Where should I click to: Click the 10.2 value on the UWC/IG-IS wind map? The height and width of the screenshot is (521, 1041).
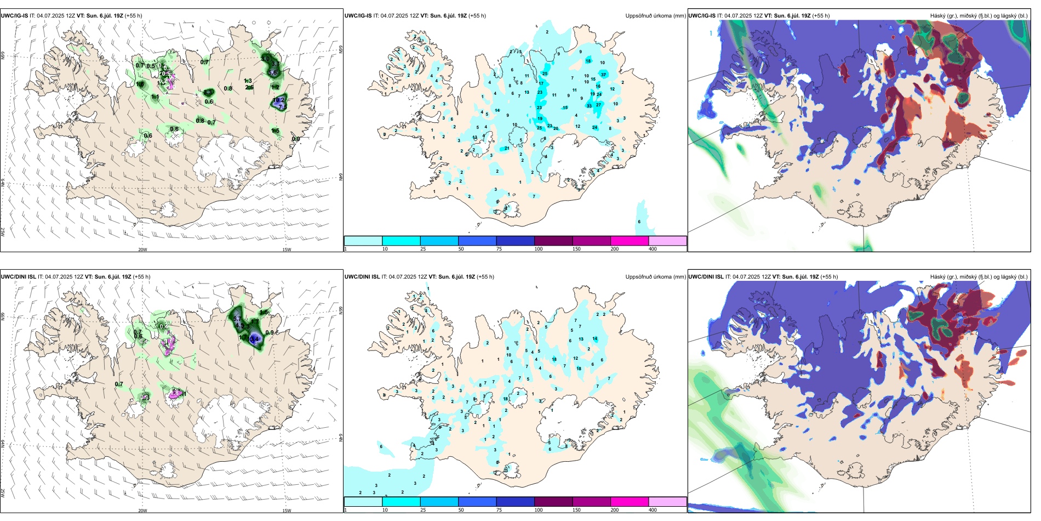[279, 100]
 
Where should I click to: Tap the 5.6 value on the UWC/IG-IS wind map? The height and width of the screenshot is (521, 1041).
[273, 72]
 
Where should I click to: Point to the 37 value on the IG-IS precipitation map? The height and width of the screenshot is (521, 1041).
[603, 75]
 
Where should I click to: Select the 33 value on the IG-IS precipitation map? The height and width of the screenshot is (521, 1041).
[590, 106]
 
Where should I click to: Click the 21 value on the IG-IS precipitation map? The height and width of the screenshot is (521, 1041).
[507, 148]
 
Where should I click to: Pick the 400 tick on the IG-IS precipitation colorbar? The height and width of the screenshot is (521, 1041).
[653, 249]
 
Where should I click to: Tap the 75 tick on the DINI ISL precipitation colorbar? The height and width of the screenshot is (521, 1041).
[499, 510]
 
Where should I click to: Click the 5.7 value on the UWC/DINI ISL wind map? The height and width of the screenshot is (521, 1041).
[237, 319]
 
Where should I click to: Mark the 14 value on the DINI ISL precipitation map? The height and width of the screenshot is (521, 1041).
[595, 339]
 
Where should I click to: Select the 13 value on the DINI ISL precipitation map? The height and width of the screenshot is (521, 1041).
[582, 339]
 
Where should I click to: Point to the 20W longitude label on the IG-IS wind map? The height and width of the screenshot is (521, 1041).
[142, 250]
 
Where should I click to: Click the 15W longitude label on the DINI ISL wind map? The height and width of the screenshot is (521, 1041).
[287, 511]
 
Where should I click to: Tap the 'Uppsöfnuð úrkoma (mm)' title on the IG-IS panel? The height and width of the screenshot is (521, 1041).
[655, 16]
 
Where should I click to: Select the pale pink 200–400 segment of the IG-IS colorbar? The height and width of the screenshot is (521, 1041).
[667, 241]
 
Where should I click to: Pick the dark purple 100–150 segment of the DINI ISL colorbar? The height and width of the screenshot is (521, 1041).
[553, 502]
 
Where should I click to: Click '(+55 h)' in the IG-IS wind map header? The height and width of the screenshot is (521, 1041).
[133, 16]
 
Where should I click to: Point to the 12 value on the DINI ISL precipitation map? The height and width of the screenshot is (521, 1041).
[576, 358]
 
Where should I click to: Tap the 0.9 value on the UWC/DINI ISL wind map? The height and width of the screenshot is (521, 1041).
[270, 332]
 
